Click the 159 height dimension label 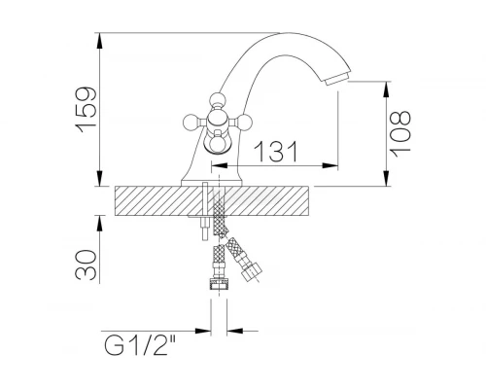pos(87,110)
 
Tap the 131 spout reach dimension pos(276,152)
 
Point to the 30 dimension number pos(86,265)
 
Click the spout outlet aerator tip pos(337,79)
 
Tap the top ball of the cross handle pos(217,99)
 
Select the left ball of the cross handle pos(191,123)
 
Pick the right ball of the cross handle pos(244,123)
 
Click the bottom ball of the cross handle pos(218,144)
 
